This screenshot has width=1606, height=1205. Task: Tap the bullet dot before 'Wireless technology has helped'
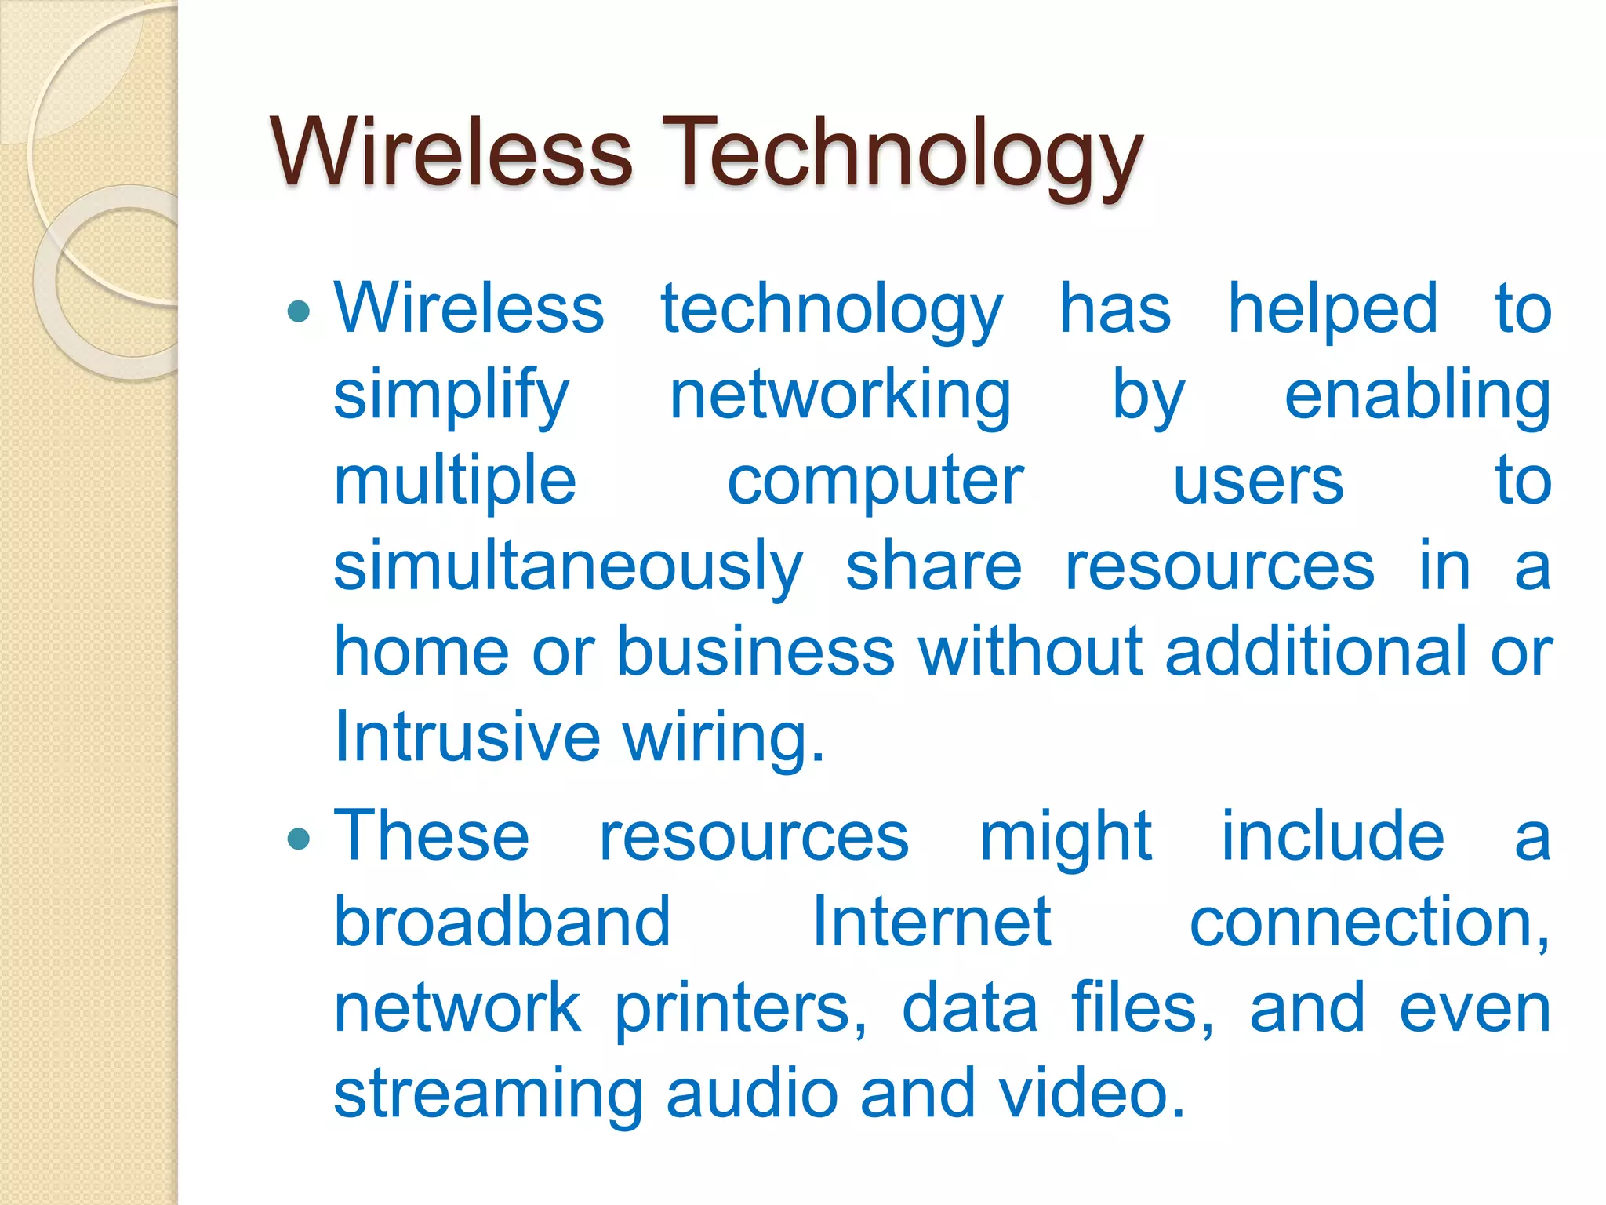coord(299,313)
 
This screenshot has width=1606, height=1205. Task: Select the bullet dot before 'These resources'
coord(299,840)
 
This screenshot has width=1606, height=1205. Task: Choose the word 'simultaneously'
coord(569,567)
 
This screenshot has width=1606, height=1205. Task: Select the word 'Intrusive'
coord(467,737)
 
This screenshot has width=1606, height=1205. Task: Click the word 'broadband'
coord(502,922)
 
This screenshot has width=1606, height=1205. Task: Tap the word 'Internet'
coord(931,922)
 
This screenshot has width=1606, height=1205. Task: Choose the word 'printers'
coord(739,1009)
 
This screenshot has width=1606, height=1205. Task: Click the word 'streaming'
coord(488,1095)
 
